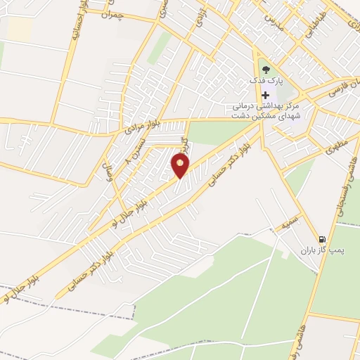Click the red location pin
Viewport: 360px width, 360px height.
click(181, 165)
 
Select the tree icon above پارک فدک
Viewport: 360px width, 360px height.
click(265, 69)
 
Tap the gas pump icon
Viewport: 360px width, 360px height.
click(322, 239)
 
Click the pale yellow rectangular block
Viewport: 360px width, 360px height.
click(20, 28)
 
